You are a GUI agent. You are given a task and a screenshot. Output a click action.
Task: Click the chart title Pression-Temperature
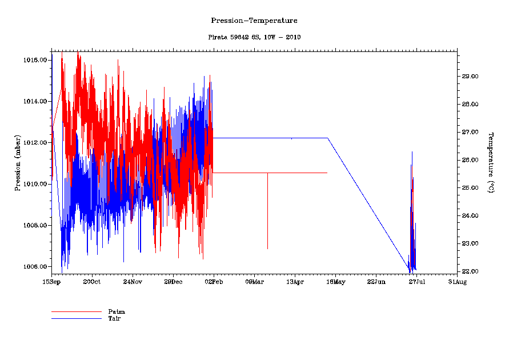pos(254,21)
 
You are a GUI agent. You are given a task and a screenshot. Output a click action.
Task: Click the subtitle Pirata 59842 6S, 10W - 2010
pos(254,37)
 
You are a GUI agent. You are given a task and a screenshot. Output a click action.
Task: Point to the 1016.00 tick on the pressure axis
pos(35,60)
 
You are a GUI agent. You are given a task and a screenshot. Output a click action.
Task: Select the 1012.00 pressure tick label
pos(35,143)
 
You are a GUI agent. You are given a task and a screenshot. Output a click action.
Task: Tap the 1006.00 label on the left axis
pos(35,267)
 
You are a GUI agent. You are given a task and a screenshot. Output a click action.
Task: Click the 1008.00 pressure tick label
pos(35,226)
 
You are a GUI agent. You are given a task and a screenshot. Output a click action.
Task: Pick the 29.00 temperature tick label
pos(470,77)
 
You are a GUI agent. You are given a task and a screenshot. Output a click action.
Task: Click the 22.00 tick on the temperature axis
pos(470,271)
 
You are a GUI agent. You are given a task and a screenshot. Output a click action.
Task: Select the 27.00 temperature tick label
pos(470,132)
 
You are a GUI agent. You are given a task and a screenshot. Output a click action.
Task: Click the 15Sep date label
pos(51,282)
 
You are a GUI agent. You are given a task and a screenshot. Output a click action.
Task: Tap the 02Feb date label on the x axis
pos(213,282)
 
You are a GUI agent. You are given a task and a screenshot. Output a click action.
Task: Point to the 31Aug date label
pos(457,282)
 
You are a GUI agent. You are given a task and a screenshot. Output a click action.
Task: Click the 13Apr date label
pos(295,282)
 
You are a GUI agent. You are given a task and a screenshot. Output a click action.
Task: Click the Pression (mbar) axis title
pos(18,162)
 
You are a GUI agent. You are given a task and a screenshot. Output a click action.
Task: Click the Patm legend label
pos(116,311)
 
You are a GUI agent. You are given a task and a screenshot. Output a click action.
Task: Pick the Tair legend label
pos(114,318)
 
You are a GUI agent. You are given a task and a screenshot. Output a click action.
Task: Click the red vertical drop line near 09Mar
pos(267,211)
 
